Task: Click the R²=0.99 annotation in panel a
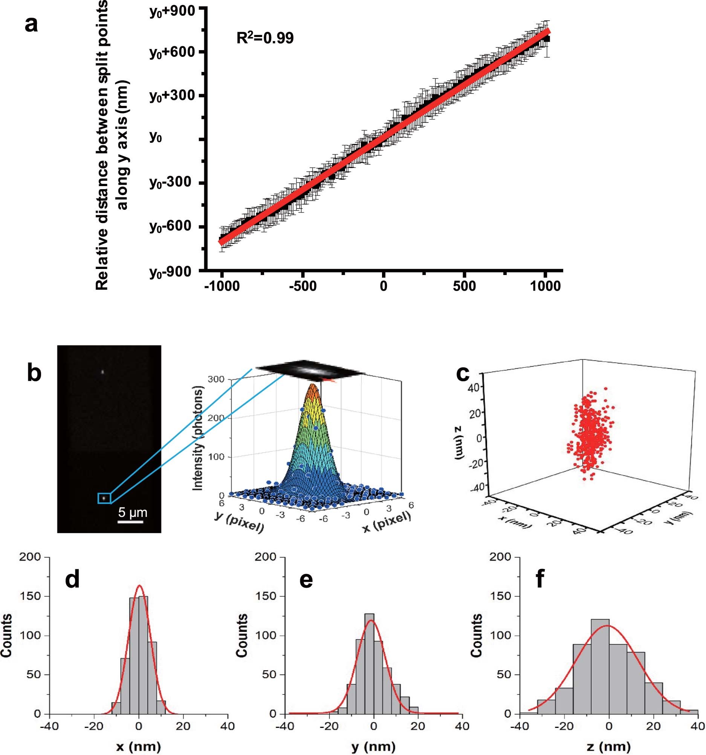click(265, 38)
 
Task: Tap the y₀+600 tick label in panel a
click(172, 52)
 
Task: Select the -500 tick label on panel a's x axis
click(303, 286)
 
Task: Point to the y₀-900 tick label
click(171, 272)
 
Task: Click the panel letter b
click(34, 373)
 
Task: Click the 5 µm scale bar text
click(133, 512)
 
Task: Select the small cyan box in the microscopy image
click(104, 498)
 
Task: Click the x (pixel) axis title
click(387, 522)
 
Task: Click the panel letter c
click(463, 373)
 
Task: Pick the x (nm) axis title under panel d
click(138, 747)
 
